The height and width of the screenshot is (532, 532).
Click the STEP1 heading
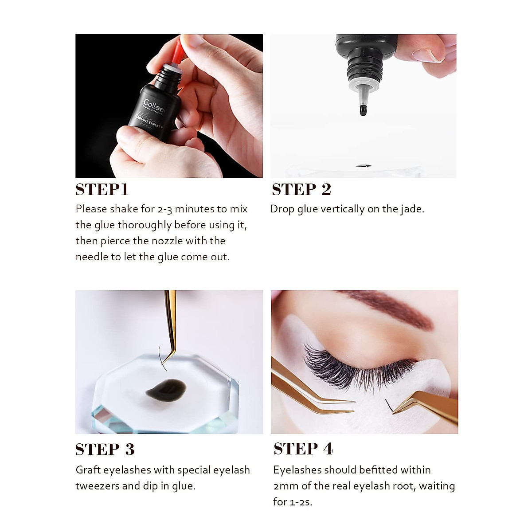pyautogui.click(x=102, y=189)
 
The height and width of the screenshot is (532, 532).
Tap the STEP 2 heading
pyautogui.click(x=301, y=189)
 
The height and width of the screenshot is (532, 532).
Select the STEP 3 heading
pyautogui.click(x=105, y=450)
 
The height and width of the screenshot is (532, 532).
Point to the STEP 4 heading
pyautogui.click(x=303, y=449)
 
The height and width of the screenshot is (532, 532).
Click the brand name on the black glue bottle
pyautogui.click(x=153, y=106)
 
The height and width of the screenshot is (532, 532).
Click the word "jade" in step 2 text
pyautogui.click(x=411, y=209)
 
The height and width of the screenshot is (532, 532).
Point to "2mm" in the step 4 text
pyautogui.click(x=286, y=486)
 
